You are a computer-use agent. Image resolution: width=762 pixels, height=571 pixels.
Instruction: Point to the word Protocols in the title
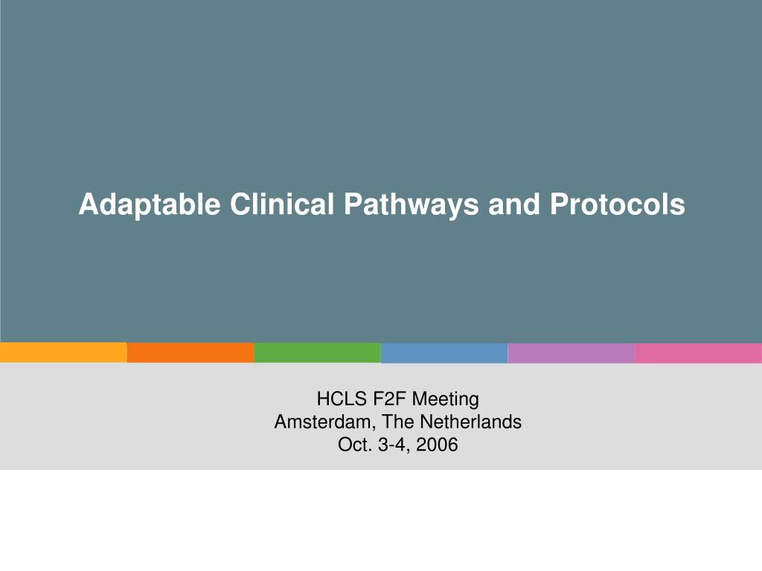point(618,204)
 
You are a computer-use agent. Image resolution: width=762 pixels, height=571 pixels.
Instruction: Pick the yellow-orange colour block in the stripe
point(63,352)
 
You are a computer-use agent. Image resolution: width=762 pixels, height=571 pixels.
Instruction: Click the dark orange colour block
point(190,352)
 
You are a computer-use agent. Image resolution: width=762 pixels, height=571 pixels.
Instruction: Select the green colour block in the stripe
point(317,352)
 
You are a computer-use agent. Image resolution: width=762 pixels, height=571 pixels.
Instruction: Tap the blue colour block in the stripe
point(444,352)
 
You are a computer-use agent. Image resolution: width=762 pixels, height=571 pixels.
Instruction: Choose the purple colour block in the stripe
point(571,352)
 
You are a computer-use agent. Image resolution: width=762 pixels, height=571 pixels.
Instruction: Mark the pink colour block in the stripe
point(698,352)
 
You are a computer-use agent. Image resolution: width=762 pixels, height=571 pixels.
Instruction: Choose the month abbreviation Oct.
point(353,445)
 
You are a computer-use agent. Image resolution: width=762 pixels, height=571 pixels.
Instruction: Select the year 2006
point(438,445)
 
